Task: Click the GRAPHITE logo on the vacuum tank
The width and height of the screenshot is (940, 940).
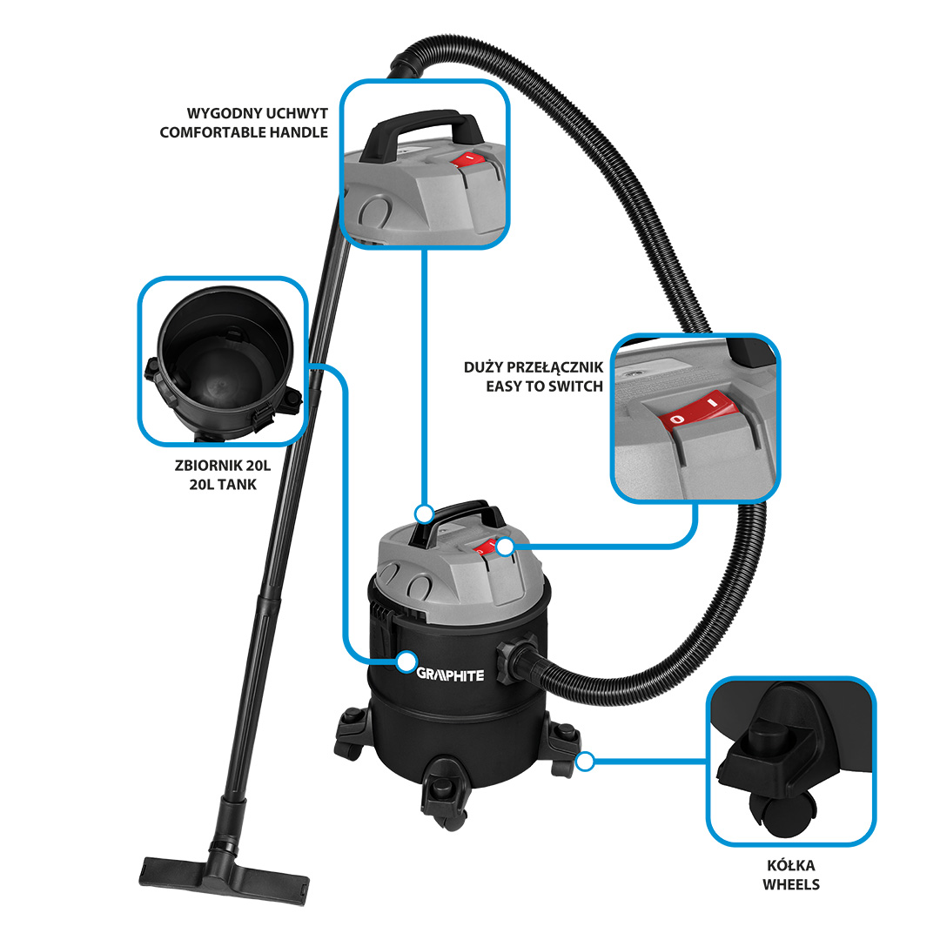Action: (x=450, y=675)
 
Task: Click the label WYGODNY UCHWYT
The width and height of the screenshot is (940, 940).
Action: (x=257, y=113)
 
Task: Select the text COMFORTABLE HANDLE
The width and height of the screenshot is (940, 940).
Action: (x=244, y=132)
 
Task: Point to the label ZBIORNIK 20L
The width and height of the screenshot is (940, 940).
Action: (x=223, y=465)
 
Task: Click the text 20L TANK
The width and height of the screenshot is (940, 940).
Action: (x=223, y=485)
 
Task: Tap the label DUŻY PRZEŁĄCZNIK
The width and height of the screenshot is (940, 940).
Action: (x=534, y=367)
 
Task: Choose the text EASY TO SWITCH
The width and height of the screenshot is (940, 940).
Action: (x=544, y=386)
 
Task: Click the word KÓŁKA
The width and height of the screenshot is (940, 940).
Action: (x=790, y=865)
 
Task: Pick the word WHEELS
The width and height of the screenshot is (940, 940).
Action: (x=791, y=884)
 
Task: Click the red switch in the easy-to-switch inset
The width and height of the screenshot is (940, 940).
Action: (x=699, y=411)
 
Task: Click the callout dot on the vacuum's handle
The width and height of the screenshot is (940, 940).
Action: (x=425, y=514)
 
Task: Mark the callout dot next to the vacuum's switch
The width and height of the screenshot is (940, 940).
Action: (x=506, y=546)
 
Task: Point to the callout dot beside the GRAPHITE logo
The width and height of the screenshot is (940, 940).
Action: (x=406, y=661)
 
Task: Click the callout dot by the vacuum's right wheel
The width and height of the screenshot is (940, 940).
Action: (x=585, y=762)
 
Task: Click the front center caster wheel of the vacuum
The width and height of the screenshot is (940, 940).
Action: (x=444, y=794)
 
